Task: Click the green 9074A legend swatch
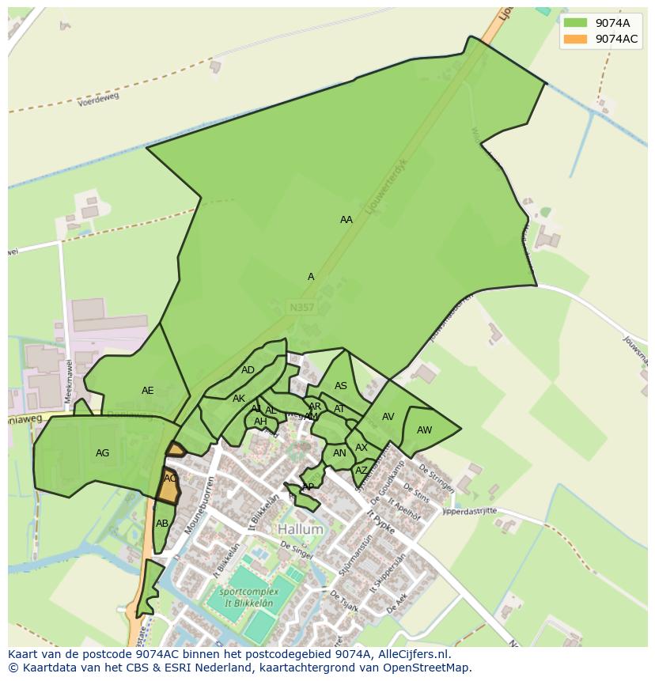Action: (575, 23)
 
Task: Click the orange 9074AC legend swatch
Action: (575, 39)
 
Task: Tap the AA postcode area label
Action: (346, 220)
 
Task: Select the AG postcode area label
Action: (102, 453)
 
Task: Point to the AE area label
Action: (148, 391)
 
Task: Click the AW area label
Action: (425, 430)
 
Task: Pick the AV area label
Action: (388, 417)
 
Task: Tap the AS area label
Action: (341, 387)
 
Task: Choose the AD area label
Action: (248, 370)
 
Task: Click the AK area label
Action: (239, 399)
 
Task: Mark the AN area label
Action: (339, 453)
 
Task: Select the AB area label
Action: (162, 524)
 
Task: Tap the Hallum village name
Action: (301, 529)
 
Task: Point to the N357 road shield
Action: (301, 306)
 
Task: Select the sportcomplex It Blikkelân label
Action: (246, 597)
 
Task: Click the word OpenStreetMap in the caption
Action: (432, 668)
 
